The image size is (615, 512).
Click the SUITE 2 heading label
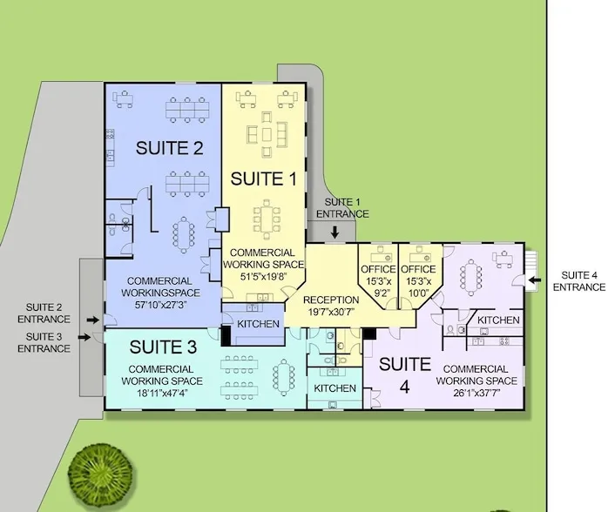170,148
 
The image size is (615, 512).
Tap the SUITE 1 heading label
263,179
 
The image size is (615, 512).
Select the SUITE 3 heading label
163,347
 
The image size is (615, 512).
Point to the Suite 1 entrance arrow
335,232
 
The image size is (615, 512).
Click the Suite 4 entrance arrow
535,280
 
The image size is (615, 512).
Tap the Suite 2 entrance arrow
93,320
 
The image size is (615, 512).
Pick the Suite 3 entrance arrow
84,337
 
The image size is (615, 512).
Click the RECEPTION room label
331,300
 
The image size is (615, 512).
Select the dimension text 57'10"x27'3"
160,305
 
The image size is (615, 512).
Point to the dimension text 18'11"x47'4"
162,393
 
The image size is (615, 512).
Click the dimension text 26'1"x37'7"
476,393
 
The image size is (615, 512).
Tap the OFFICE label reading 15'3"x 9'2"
378,280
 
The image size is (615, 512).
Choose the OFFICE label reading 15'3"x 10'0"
418,280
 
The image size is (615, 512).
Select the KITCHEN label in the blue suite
258,324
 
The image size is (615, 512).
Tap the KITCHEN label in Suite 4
498,320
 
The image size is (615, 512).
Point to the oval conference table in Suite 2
184,235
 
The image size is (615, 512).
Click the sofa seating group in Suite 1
267,134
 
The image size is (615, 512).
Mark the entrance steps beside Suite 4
531,271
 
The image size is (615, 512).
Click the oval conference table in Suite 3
284,378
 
